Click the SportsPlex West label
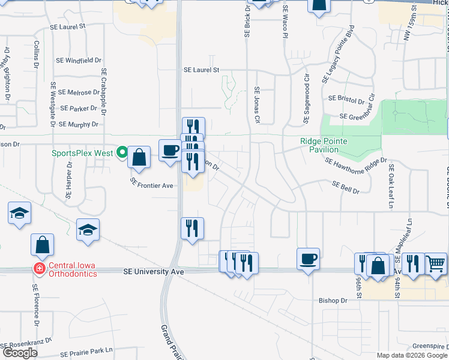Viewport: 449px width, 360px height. [x=82, y=153]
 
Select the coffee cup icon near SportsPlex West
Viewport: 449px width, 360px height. [x=169, y=150]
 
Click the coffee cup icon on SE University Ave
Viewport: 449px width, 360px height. [x=308, y=259]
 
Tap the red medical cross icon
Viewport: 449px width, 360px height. [x=39, y=268]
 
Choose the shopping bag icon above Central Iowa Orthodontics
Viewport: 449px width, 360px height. [x=43, y=245]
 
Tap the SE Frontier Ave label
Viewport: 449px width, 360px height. [x=152, y=186]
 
